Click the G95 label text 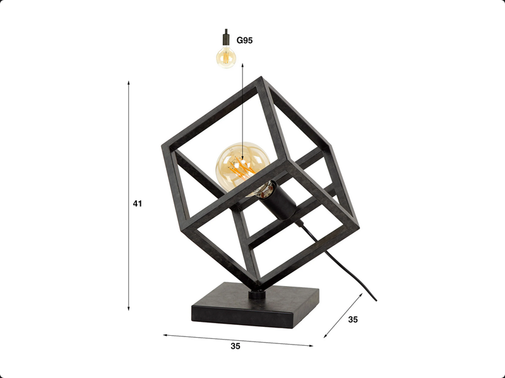[x=245, y=40]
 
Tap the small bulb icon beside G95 [x=225, y=57]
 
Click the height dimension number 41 [x=138, y=203]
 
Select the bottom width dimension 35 [x=235, y=346]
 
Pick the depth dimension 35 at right [x=353, y=319]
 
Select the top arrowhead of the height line [x=129, y=83]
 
